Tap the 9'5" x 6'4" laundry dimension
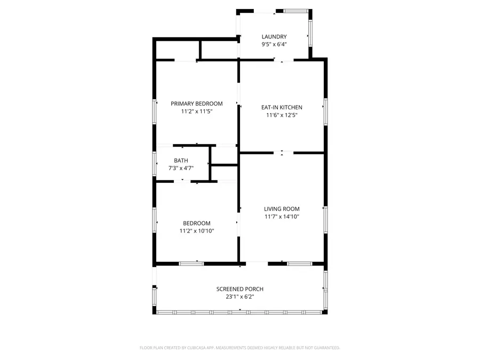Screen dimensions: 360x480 (274, 44)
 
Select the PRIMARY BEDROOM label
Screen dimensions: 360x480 (196, 103)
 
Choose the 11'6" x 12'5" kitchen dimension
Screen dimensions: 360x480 (282, 115)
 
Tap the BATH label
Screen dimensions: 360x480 (181, 161)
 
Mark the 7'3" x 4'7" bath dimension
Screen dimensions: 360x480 (181, 168)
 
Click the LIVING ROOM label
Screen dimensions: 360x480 (282, 209)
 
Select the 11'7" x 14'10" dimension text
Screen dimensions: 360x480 (282, 217)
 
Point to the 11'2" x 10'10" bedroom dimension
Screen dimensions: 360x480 (196, 231)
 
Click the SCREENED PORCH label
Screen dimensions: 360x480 (239, 289)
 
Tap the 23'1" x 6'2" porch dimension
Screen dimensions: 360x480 (239, 297)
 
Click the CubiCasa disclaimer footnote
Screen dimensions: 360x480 (239, 348)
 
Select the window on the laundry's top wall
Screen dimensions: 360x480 (295, 10)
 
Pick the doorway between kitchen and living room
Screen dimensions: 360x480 (282, 153)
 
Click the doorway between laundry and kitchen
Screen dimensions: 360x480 (283, 60)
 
